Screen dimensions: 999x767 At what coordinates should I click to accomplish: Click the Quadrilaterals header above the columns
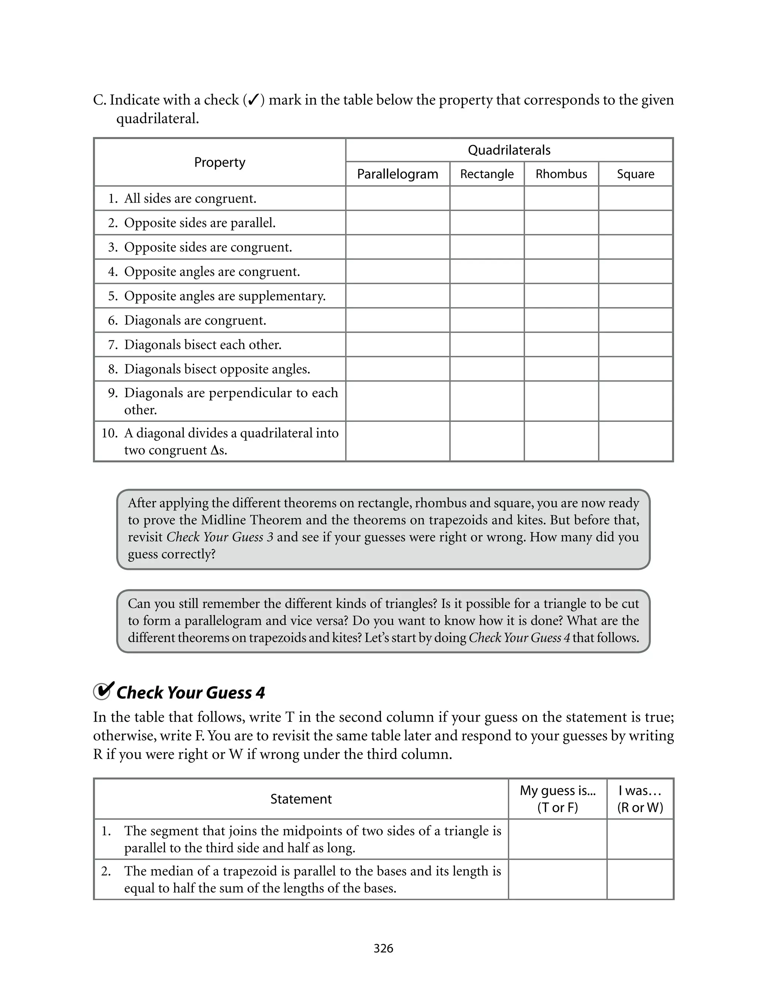509,150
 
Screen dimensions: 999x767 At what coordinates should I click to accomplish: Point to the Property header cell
219,162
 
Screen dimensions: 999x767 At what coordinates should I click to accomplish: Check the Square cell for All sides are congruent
635,198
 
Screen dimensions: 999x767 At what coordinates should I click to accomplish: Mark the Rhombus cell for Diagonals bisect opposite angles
561,369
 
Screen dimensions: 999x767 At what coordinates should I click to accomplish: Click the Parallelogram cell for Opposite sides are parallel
397,223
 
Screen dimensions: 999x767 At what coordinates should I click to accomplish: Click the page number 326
383,948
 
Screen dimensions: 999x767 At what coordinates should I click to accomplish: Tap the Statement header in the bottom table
301,799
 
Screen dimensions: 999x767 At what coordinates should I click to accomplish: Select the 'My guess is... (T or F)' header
557,799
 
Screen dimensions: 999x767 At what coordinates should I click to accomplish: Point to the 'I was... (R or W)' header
640,799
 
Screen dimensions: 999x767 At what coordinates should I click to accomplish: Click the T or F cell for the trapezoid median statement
557,879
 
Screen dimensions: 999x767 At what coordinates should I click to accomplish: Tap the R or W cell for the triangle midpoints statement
640,839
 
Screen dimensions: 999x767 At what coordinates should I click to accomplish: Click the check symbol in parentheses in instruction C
254,100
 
